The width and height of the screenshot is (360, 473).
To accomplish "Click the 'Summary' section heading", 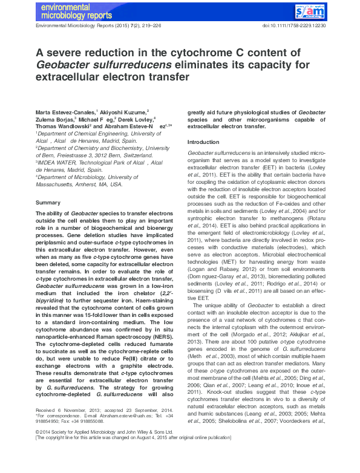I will (x=47, y=202).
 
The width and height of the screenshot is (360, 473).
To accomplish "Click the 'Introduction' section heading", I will (x=203, y=142).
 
